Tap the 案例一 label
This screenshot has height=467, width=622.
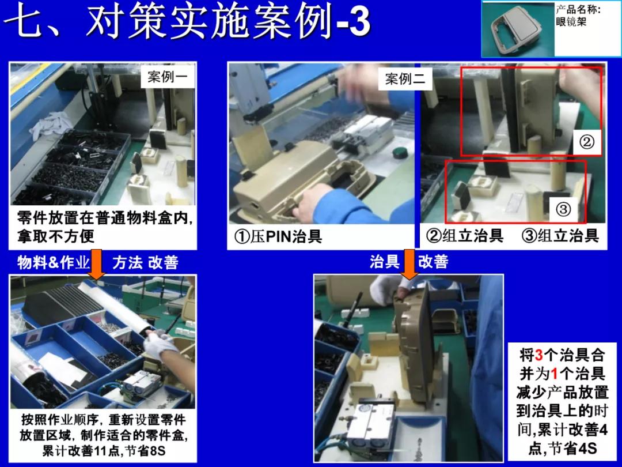pos(167,77)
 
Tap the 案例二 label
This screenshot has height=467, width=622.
pos(405,79)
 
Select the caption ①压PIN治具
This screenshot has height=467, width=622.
pos(278,236)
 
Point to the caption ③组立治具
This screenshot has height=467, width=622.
pos(560,235)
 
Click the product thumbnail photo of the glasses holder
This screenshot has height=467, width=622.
pos(517,28)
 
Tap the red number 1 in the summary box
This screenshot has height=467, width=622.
pos(555,374)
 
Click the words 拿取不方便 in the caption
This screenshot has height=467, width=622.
pos(55,236)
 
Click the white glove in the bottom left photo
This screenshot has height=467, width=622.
pos(158,345)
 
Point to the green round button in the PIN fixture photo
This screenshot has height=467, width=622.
pos(398,153)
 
